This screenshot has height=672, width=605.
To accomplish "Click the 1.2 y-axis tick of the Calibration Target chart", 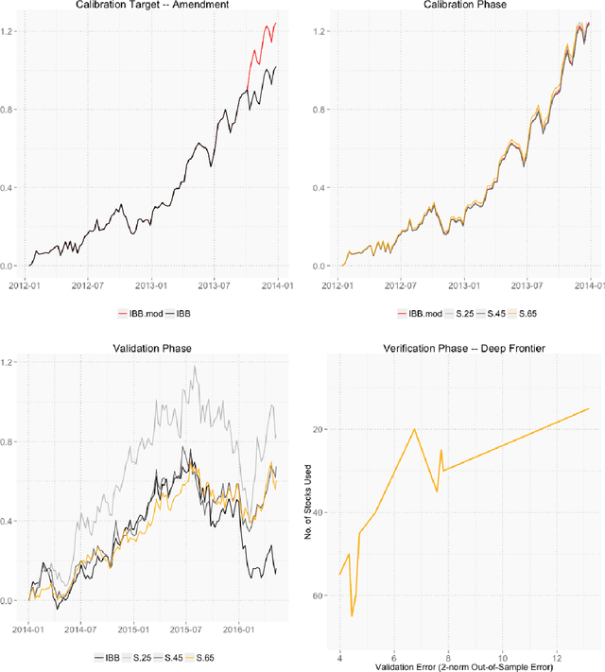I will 11,31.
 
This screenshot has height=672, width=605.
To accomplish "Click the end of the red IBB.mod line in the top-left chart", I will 276,23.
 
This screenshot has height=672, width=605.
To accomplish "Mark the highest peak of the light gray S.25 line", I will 195,367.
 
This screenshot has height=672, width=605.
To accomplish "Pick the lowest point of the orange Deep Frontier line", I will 352,616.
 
